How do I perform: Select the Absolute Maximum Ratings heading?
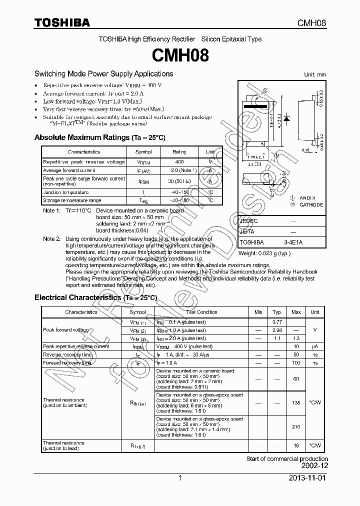[99, 137]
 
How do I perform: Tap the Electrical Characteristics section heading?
[95, 297]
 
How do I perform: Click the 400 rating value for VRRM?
[179, 162]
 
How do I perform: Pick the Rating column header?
[179, 152]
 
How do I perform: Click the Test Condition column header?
[201, 312]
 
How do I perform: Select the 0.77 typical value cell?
[277, 322]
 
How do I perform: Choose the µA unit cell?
[315, 346]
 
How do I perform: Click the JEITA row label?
[247, 231]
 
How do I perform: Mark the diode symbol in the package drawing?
[287, 118]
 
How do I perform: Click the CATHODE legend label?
[311, 205]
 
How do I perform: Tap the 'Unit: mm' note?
[315, 74]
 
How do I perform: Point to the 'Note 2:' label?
[51, 239]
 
